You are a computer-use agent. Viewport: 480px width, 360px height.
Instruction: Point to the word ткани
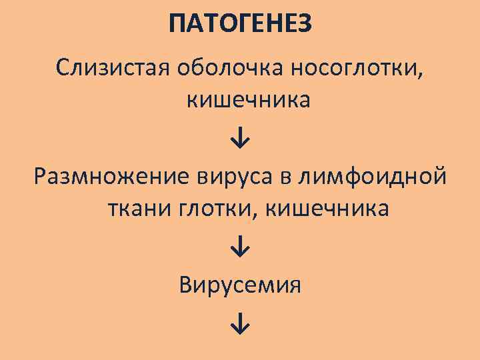[137, 209]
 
